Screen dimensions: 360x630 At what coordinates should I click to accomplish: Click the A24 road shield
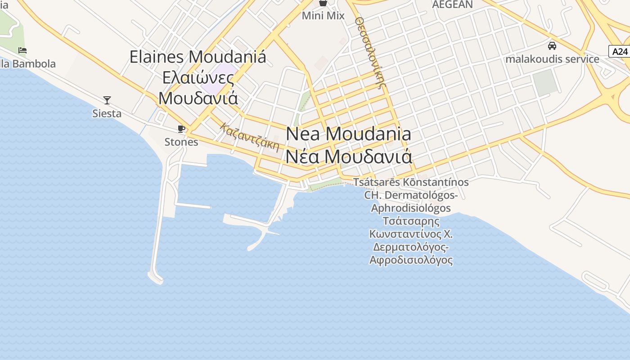[x=619, y=51]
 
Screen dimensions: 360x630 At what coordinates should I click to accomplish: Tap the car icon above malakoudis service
[x=552, y=46]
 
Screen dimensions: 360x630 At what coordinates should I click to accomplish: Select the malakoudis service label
[x=552, y=59]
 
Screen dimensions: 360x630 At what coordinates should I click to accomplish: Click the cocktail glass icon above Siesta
[x=107, y=100]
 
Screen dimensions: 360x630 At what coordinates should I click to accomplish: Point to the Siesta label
[x=107, y=113]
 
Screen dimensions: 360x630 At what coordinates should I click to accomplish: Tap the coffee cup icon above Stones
[x=181, y=129]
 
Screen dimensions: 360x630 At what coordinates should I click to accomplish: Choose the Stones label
[x=181, y=142]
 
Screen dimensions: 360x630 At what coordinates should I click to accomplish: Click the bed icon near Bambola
[x=22, y=50]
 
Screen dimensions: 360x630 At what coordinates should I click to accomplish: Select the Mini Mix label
[x=323, y=16]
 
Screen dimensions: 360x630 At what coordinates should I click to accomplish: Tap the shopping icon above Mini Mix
[x=323, y=3]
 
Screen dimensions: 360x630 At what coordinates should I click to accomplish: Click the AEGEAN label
[x=452, y=4]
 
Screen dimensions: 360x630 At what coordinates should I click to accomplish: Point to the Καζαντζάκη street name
[x=250, y=137]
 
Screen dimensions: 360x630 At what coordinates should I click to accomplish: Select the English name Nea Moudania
[x=349, y=134]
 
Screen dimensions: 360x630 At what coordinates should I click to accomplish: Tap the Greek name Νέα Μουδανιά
[x=349, y=157]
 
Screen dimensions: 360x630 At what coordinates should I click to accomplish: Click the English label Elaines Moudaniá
[x=198, y=57]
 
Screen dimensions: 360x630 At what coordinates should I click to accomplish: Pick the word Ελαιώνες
[x=198, y=78]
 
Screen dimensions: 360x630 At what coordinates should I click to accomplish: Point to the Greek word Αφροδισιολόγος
[x=411, y=260]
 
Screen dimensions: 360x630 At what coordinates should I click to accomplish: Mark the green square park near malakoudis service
[x=545, y=82]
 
